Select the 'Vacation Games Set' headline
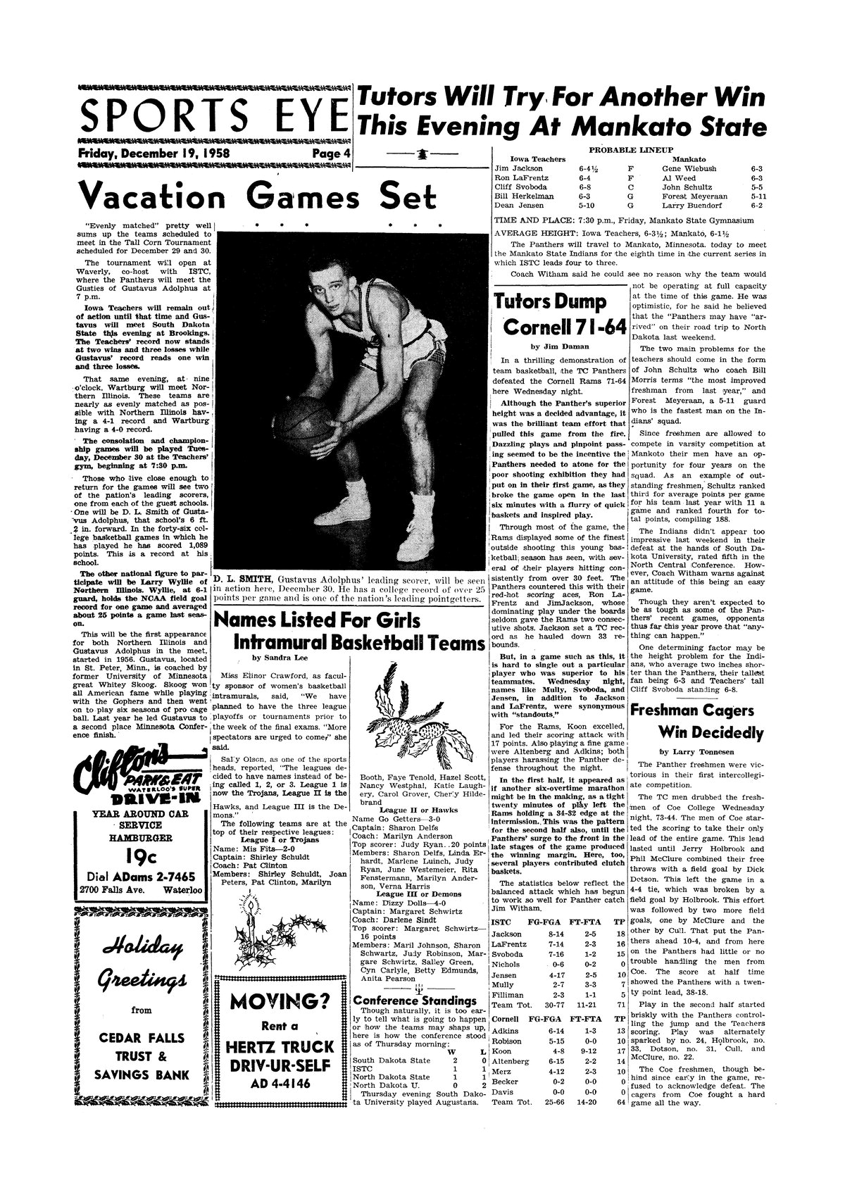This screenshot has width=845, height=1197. pos(258,197)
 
